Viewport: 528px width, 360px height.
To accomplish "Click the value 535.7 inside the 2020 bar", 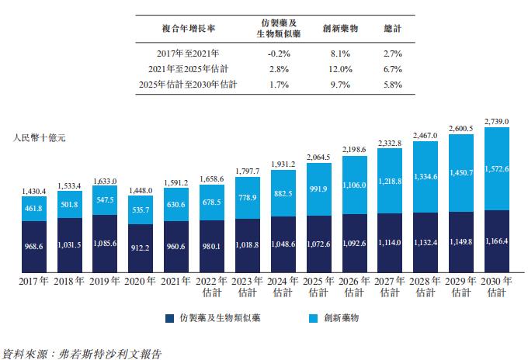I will tap(141, 209).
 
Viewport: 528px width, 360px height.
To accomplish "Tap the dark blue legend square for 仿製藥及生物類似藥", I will tap(169, 318).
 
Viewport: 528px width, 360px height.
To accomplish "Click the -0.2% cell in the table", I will tap(277, 54).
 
